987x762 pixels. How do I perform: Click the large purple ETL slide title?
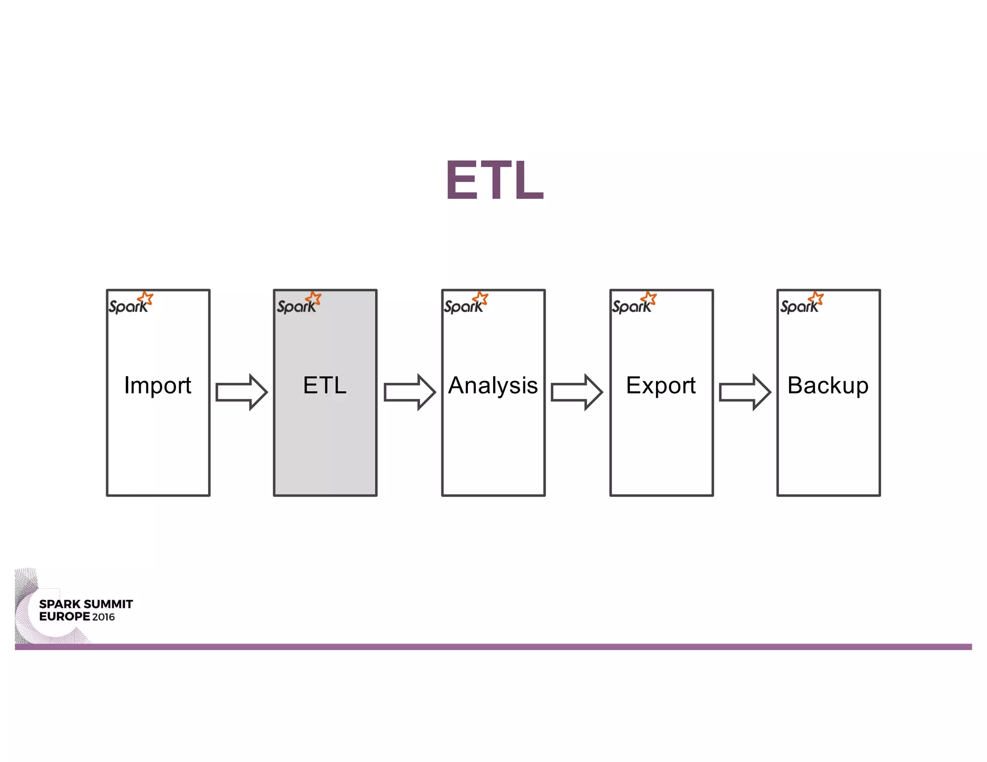(x=494, y=180)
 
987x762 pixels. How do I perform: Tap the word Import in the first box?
(x=158, y=385)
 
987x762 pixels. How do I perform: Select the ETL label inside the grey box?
(x=325, y=385)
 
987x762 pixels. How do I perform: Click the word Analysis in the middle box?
(x=493, y=385)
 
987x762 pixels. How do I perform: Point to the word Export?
(x=661, y=385)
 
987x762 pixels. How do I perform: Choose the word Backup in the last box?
(x=828, y=385)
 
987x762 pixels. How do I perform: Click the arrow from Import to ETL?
(x=241, y=392)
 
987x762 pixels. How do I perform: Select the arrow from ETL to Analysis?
(x=410, y=392)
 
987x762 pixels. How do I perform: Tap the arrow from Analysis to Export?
(x=577, y=392)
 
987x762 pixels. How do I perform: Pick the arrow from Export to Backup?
(x=745, y=392)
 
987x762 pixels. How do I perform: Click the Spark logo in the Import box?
(x=131, y=303)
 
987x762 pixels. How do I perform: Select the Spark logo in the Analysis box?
(x=466, y=303)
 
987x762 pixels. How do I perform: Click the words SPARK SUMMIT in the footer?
(x=86, y=604)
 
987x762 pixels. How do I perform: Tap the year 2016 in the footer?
(x=104, y=617)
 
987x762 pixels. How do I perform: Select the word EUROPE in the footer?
(x=65, y=617)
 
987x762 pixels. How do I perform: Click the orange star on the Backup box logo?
(x=816, y=298)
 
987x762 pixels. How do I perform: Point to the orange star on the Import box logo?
(x=146, y=298)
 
